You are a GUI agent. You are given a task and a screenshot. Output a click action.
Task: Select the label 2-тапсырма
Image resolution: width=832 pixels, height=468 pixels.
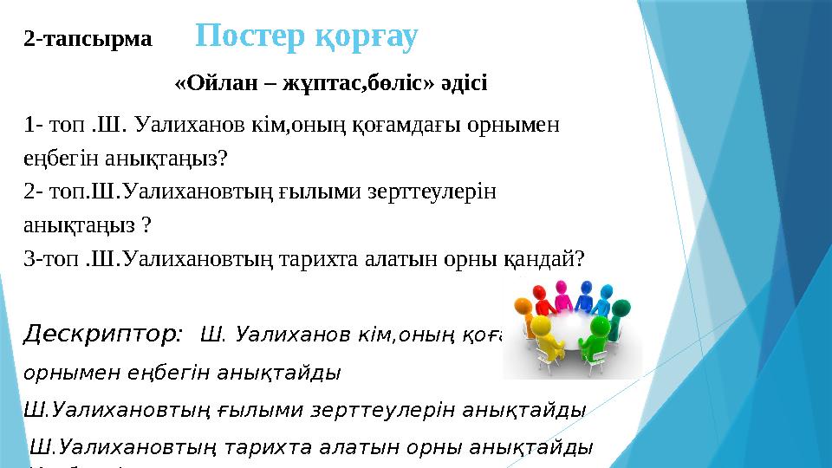[x=88, y=39]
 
